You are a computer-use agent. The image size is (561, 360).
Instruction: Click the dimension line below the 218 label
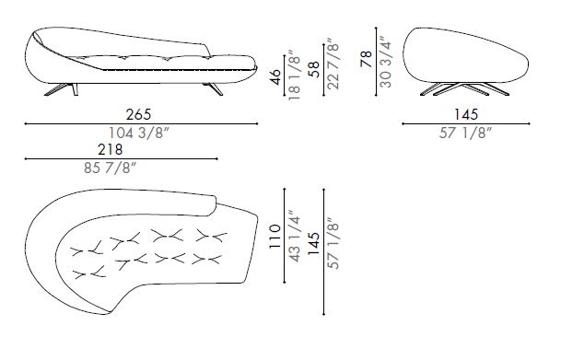(x=120, y=159)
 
